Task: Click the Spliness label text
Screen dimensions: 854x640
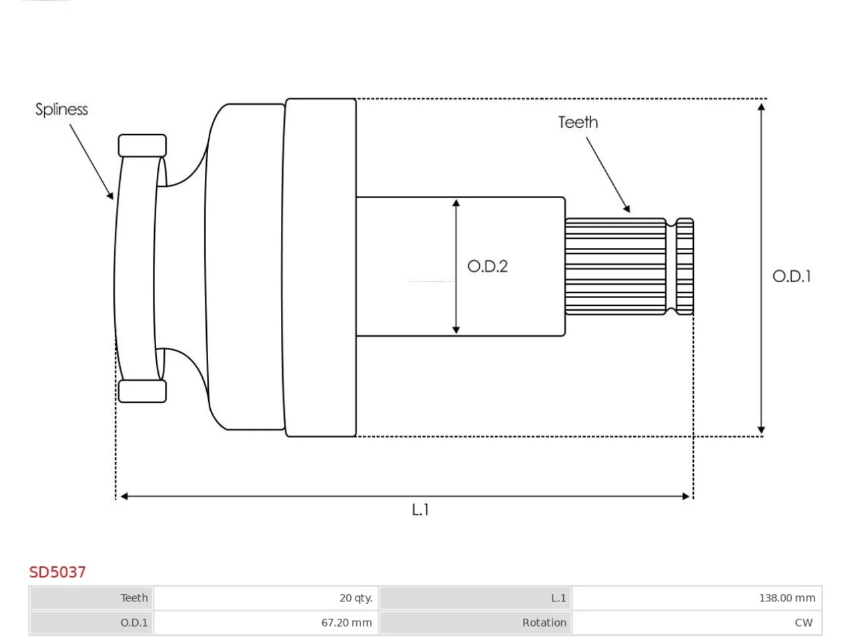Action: click(61, 109)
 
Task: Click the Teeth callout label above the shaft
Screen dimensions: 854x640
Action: click(578, 123)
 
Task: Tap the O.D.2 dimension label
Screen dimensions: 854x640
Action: click(487, 267)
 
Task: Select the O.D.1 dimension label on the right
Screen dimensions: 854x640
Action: click(792, 276)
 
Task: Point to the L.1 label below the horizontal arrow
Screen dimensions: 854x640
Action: click(420, 509)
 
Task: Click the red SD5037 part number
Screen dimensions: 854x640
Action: click(57, 573)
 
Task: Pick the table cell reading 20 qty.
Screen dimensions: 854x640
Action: click(266, 598)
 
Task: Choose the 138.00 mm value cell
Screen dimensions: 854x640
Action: click(697, 598)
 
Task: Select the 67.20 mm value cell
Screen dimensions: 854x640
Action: click(266, 623)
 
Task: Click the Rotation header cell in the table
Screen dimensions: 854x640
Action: click(476, 623)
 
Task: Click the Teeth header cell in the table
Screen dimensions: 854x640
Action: click(91, 598)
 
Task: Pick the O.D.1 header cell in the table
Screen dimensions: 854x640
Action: click(91, 623)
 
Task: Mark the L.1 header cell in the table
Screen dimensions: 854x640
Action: click(476, 598)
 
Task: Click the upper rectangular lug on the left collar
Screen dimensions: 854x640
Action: click(142, 146)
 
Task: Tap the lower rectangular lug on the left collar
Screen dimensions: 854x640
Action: click(142, 391)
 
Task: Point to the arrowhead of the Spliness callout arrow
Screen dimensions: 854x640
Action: click(111, 195)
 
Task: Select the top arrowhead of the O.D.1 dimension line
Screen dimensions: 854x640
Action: click(761, 107)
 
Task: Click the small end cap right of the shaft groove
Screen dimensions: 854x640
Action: click(685, 267)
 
